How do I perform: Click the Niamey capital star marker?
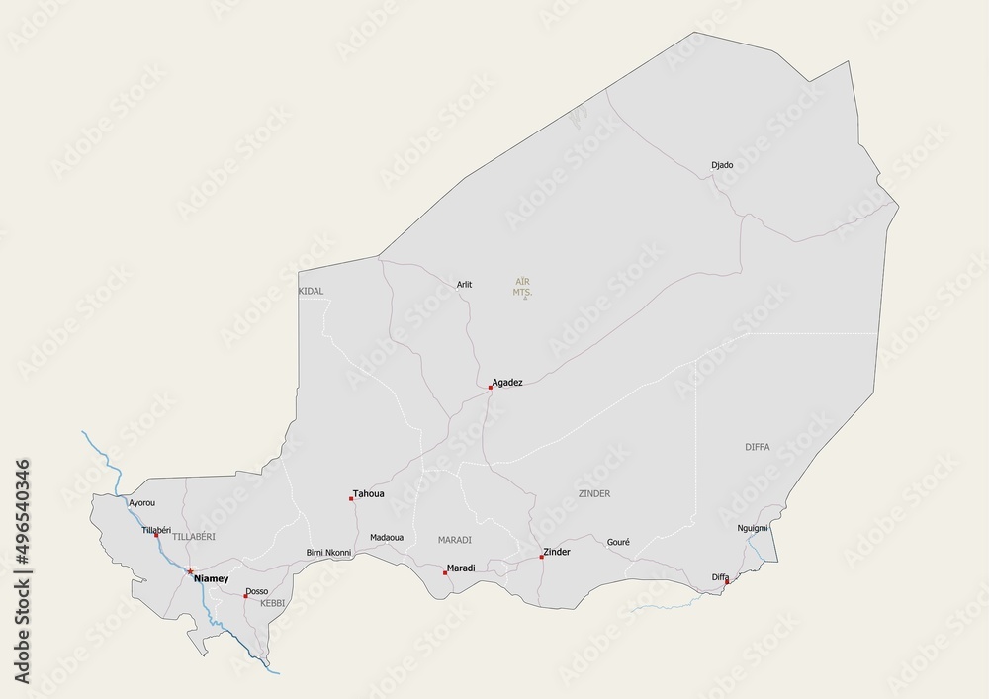190,571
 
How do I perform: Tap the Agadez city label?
507,382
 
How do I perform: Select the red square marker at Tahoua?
351,498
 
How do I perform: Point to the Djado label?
722,165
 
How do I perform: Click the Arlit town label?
464,285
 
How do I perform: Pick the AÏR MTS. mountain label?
523,288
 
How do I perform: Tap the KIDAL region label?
311,291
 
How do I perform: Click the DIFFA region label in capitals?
758,447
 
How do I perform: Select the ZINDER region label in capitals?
594,493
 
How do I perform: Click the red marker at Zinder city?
541,557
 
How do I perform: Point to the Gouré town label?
618,542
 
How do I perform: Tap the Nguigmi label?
753,529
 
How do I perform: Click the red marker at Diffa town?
727,582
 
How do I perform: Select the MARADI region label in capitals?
455,540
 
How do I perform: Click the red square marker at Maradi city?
445,572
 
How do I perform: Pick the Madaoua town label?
387,538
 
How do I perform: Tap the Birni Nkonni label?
328,553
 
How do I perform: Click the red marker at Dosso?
245,596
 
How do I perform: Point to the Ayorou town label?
142,503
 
